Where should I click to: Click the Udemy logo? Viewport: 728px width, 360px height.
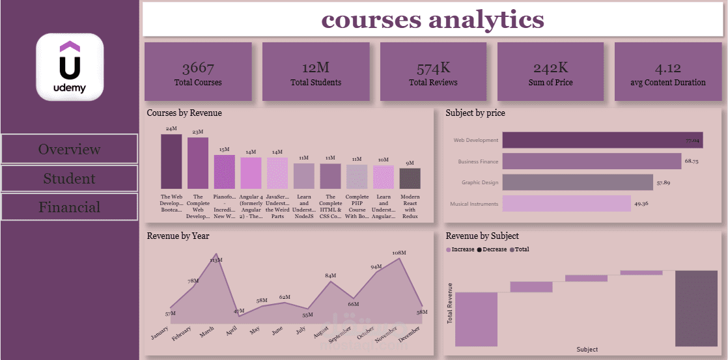(70, 67)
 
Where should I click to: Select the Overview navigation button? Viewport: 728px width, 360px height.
(69, 149)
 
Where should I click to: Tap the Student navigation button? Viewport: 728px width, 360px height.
(69, 178)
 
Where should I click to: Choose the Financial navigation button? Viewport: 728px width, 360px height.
(69, 208)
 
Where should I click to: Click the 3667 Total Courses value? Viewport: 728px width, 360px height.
(198, 68)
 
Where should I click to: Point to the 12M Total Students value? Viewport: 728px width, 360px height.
(316, 68)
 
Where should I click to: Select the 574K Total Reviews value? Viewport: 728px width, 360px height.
(433, 68)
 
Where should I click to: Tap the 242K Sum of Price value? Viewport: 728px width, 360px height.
(550, 68)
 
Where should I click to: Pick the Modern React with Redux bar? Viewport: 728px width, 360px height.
(410, 178)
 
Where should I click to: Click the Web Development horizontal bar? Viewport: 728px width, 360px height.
(602, 140)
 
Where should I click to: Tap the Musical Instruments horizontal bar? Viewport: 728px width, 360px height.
(567, 204)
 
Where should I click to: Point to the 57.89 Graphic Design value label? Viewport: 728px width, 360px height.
(664, 182)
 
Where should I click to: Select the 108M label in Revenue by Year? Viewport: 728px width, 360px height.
(399, 253)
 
